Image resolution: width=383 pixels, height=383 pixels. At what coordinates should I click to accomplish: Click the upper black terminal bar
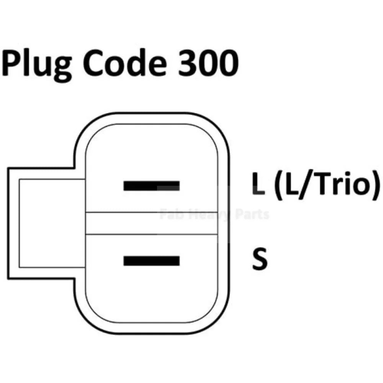click(x=151, y=186)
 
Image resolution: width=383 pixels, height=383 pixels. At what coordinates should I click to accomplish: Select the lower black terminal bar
click(x=151, y=261)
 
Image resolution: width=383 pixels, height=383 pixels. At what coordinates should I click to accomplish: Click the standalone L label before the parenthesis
click(x=258, y=184)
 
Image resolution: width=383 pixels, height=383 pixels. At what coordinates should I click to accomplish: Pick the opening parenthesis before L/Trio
click(x=278, y=185)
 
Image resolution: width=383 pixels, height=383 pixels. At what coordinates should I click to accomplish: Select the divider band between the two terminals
click(x=151, y=223)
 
